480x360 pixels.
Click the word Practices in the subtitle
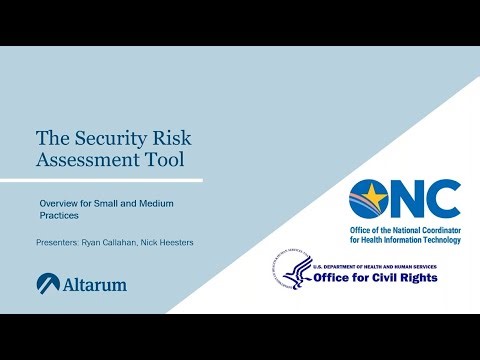tap(58, 216)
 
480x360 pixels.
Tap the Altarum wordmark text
tap(96, 285)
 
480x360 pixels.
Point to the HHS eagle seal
tap(297, 271)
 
